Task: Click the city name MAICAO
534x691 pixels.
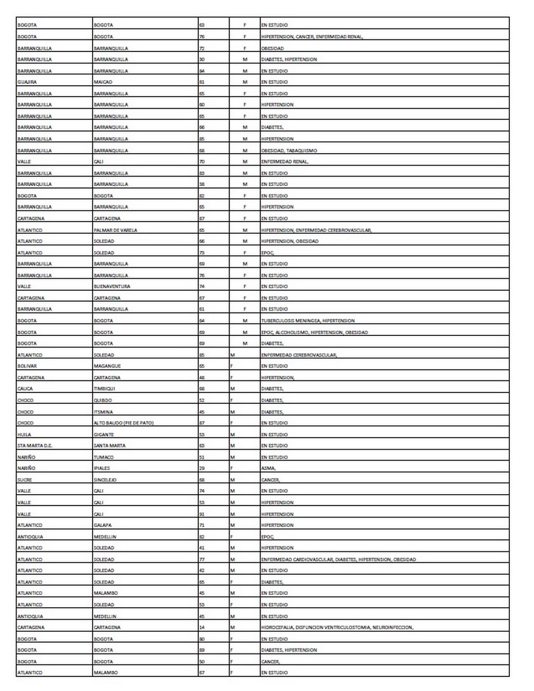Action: (x=102, y=82)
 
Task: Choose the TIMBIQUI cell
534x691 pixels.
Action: (x=104, y=389)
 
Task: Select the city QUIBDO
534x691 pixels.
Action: (x=102, y=401)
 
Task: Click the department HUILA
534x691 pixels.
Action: (x=25, y=435)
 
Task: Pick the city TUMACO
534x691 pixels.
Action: (x=103, y=457)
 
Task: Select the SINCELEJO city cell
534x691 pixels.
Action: (x=105, y=480)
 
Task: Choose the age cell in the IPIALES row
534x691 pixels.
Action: (x=202, y=469)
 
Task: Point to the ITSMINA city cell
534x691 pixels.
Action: (x=103, y=412)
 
